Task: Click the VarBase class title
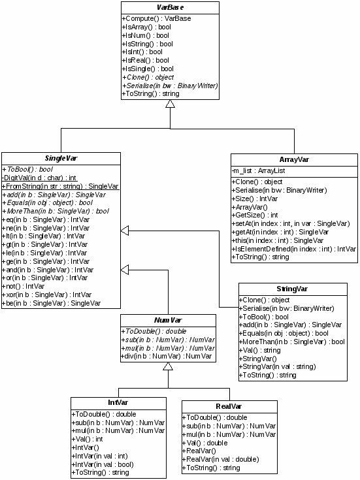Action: coord(170,7)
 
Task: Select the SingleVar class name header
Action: coord(61,158)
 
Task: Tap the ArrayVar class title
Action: coord(294,159)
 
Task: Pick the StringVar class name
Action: coord(292,289)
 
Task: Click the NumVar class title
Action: coord(168,320)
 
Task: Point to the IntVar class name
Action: coord(118,402)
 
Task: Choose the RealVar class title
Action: coord(229,406)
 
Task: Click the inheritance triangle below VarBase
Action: coord(170,104)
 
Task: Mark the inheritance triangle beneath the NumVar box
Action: coord(168,366)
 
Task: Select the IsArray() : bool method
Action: coord(146,27)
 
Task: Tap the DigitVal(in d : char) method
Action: coord(39,178)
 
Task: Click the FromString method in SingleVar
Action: coord(60,186)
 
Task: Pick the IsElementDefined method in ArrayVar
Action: coord(294,249)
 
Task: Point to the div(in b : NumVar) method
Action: coord(167,356)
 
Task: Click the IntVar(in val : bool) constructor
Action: coord(103,464)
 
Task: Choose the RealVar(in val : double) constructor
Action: coord(221,459)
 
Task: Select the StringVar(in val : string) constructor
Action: coord(278,366)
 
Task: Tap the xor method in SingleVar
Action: coord(47,295)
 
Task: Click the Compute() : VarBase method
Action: coord(156,18)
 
